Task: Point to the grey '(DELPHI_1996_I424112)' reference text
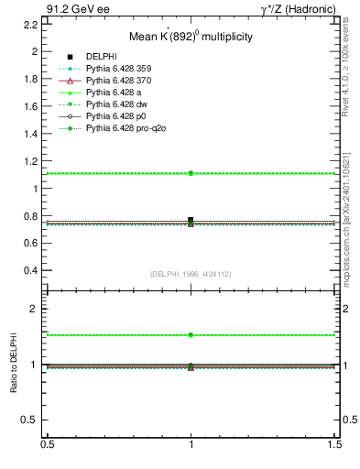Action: pyautogui.click(x=191, y=274)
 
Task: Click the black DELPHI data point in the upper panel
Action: pyautogui.click(x=191, y=220)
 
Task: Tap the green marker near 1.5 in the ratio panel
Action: pyautogui.click(x=191, y=335)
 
